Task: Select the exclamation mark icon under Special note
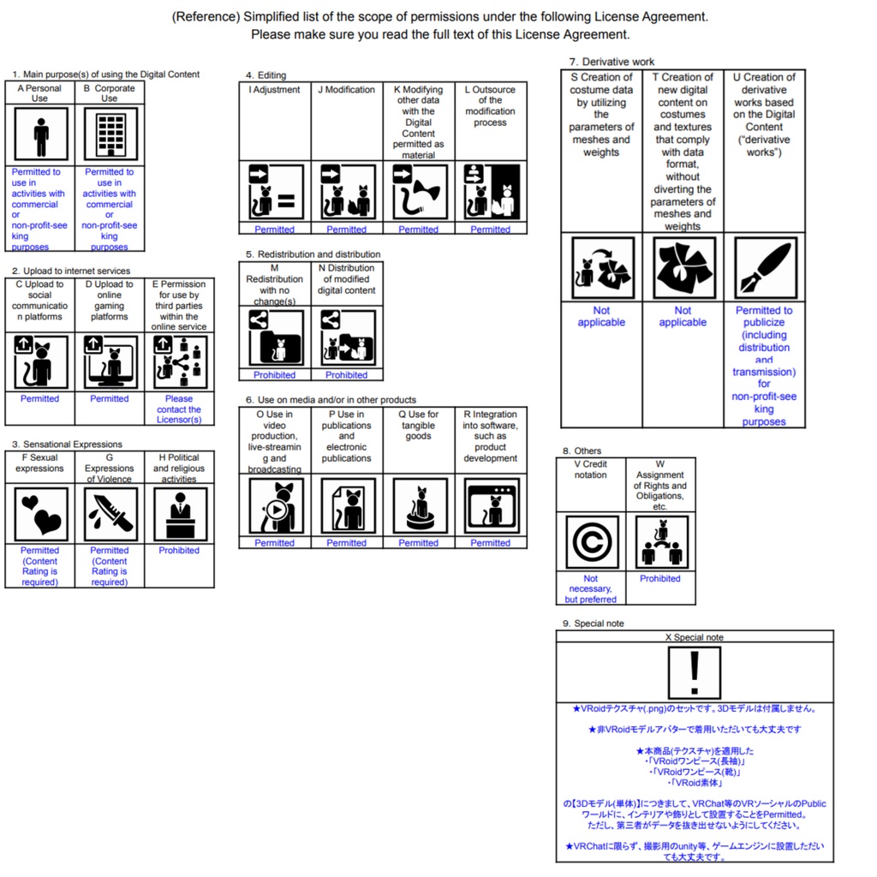click(695, 672)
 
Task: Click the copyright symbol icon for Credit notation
click(591, 543)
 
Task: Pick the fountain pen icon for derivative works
click(765, 267)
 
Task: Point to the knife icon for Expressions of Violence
click(110, 514)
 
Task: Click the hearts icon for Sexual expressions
click(40, 514)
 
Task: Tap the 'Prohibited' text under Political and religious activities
click(179, 551)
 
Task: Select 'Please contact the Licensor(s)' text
click(179, 409)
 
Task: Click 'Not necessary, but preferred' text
click(591, 589)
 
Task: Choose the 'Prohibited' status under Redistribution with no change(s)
click(275, 375)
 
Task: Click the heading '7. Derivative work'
click(612, 62)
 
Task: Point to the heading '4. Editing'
click(265, 75)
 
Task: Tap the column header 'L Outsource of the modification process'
click(491, 106)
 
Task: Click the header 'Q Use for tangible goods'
click(419, 425)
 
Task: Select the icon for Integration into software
click(491, 506)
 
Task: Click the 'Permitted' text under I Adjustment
click(275, 230)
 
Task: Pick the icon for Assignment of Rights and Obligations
click(660, 543)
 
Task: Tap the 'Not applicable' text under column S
click(601, 317)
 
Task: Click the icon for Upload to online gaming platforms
click(110, 361)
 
